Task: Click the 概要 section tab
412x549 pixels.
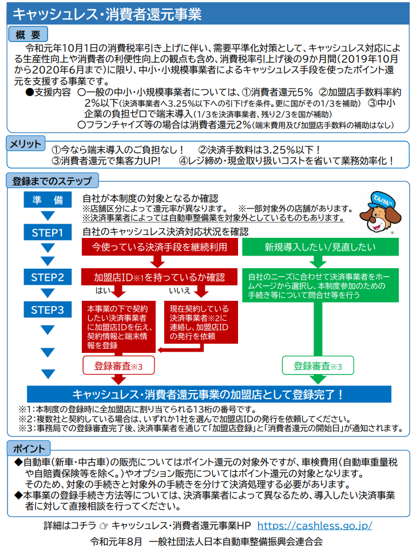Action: coord(28,35)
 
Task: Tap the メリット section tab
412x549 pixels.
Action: coord(26,144)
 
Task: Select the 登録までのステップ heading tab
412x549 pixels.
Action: coord(52,181)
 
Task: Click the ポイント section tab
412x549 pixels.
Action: coord(29,448)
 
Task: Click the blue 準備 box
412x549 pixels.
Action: coord(47,200)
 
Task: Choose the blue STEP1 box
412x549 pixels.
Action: coord(47,233)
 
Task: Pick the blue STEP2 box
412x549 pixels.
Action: coord(47,277)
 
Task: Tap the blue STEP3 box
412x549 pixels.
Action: coord(47,309)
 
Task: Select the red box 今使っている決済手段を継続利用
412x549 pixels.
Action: coord(160,247)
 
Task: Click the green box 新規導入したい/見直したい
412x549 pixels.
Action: coord(320,247)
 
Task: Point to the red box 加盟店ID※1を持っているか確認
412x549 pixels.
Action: coord(160,277)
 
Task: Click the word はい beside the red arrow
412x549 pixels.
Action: coord(103,291)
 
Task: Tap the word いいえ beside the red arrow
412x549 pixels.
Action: coord(180,291)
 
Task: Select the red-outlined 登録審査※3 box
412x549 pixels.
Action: coord(118,365)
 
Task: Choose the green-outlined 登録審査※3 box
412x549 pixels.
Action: coord(318,365)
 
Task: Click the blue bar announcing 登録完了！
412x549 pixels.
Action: coord(209,394)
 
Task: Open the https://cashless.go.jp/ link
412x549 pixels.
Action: coord(315,525)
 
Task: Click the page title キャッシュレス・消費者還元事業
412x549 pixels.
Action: coord(107,14)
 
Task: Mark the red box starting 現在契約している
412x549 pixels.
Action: coord(201,322)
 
